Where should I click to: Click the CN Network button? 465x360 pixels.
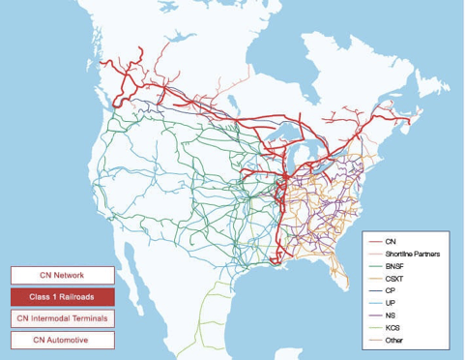[62, 276]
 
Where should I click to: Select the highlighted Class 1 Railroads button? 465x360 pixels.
[62, 296]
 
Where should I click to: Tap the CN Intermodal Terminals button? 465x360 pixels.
[62, 318]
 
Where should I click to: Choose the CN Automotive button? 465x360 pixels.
[62, 340]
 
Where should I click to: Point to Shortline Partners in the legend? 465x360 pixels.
[412, 253]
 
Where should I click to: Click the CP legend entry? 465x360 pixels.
[390, 290]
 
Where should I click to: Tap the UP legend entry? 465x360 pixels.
[390, 303]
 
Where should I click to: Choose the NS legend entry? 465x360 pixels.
[390, 315]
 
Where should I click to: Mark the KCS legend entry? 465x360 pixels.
[392, 328]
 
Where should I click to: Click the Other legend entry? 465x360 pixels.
[393, 341]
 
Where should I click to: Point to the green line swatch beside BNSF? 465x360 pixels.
[374, 265]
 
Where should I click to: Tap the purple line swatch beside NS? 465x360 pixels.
[374, 315]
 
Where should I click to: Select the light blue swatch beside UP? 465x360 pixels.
[374, 303]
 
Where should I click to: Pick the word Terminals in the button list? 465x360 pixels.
[87, 318]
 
